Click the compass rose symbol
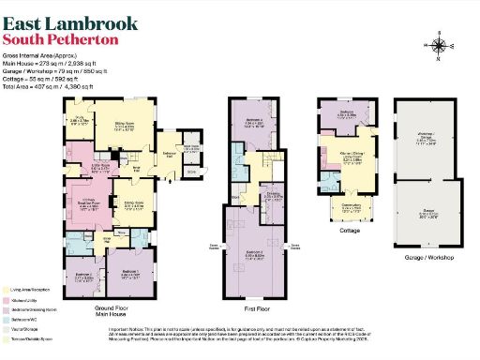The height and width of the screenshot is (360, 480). click(440, 44)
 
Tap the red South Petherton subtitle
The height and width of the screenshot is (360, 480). click(61, 40)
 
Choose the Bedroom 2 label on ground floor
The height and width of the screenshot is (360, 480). click(84, 277)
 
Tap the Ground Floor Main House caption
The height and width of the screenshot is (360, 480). click(112, 310)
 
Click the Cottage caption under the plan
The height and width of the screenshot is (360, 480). click(349, 231)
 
